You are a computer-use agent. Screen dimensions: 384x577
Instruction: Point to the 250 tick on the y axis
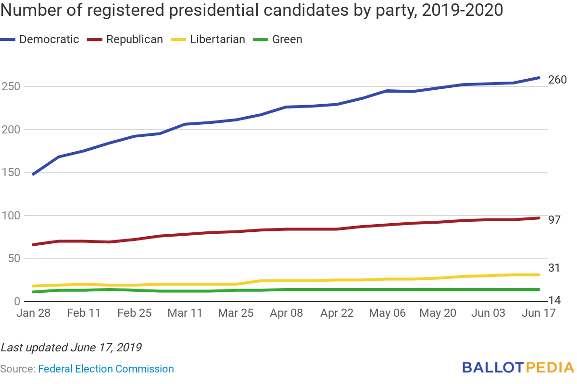pyautogui.click(x=11, y=86)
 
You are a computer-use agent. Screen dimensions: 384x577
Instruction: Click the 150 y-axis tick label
pyautogui.click(x=11, y=172)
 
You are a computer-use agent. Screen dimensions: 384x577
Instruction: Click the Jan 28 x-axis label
pyautogui.click(x=33, y=313)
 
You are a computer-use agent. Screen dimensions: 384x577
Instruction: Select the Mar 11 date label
pyautogui.click(x=185, y=313)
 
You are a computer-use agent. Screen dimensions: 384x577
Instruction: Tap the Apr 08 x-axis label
pyautogui.click(x=286, y=313)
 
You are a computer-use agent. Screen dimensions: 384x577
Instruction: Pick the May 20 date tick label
pyautogui.click(x=438, y=313)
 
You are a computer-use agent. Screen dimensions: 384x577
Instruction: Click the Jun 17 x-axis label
pyautogui.click(x=539, y=313)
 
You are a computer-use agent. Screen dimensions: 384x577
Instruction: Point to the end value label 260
pyautogui.click(x=558, y=80)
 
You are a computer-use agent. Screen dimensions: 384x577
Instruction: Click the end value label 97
pyautogui.click(x=555, y=220)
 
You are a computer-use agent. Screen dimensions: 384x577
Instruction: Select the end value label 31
pyautogui.click(x=554, y=268)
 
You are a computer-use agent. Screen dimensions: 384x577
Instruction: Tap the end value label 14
pyautogui.click(x=554, y=301)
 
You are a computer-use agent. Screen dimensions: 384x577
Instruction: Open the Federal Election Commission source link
pyautogui.click(x=106, y=369)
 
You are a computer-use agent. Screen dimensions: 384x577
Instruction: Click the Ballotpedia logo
pyautogui.click(x=518, y=368)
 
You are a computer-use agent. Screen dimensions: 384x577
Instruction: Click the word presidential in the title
pyautogui.click(x=209, y=10)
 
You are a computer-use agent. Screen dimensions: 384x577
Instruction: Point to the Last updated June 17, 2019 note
pyautogui.click(x=71, y=347)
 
